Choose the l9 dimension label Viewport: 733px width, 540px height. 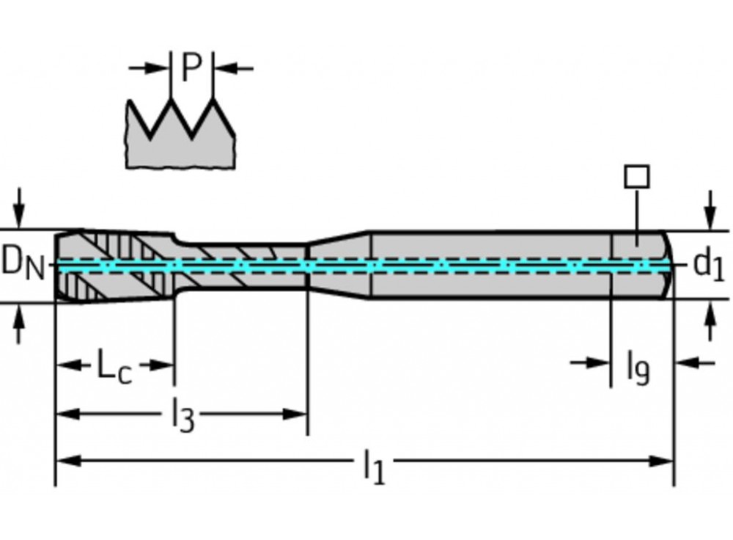tap(637, 366)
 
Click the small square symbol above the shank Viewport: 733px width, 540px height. tap(636, 177)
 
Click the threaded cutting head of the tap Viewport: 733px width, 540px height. tap(110, 265)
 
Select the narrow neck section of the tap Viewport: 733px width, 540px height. tap(242, 265)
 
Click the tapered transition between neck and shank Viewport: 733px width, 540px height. tap(337, 265)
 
